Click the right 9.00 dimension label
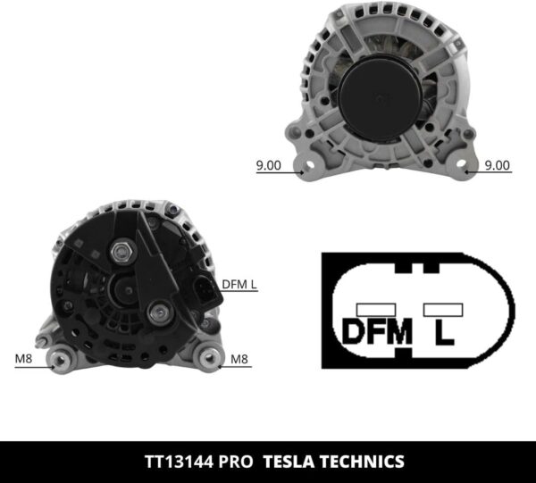tap(497, 164)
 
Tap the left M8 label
tap(27, 360)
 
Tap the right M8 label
tap(239, 360)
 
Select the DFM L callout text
tap(239, 285)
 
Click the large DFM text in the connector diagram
tap(376, 331)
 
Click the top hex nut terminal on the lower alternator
tap(121, 253)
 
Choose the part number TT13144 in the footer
tap(179, 462)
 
